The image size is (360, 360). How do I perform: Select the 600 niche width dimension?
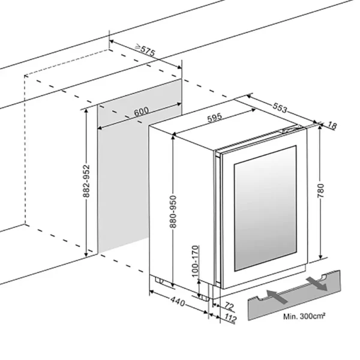(x=141, y=112)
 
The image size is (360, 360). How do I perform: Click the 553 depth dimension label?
(x=280, y=108)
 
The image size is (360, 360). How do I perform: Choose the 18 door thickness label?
(x=334, y=125)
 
